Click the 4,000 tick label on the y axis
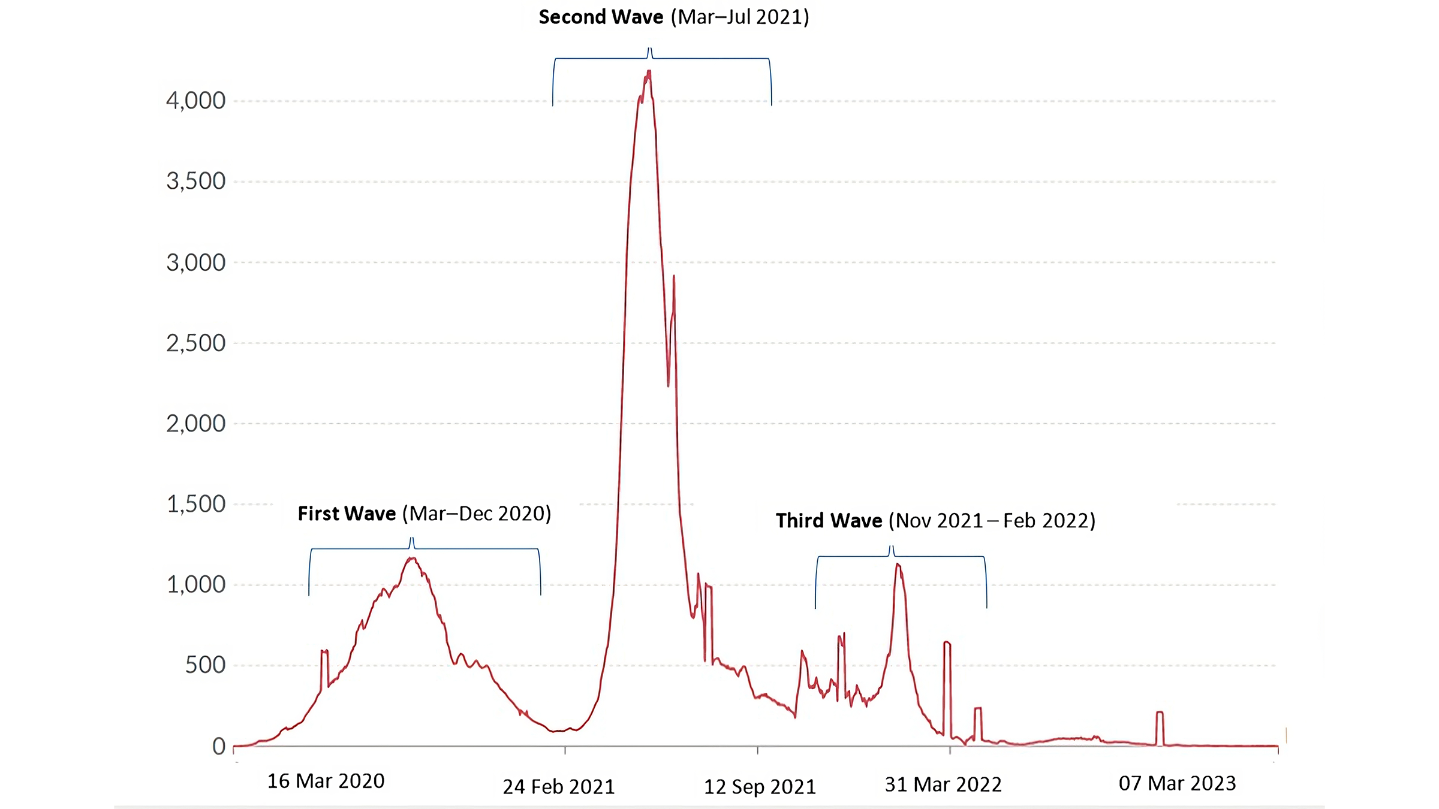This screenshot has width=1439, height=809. (195, 101)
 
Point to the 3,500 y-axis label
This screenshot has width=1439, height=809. (195, 181)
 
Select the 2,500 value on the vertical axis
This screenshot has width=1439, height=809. (195, 343)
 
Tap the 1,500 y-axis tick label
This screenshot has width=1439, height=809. (195, 505)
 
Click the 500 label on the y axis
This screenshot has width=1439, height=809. (205, 665)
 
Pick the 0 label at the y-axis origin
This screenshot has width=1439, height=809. (219, 747)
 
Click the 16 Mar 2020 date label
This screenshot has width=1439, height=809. (326, 781)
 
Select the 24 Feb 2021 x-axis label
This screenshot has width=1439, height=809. (559, 787)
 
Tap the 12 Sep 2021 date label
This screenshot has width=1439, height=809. (760, 787)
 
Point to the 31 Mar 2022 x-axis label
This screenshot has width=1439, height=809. (943, 785)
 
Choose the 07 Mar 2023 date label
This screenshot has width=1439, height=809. (1177, 784)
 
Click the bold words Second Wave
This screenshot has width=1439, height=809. (601, 17)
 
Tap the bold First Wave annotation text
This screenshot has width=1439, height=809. (347, 514)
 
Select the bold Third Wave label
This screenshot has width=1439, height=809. (829, 521)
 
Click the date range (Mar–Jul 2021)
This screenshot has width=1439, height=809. (740, 17)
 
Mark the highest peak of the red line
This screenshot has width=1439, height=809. (649, 73)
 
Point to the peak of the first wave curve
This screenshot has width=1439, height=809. (412, 559)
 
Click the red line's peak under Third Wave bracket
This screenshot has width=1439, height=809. (897, 565)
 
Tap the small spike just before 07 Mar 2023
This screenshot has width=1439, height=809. (1160, 713)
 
